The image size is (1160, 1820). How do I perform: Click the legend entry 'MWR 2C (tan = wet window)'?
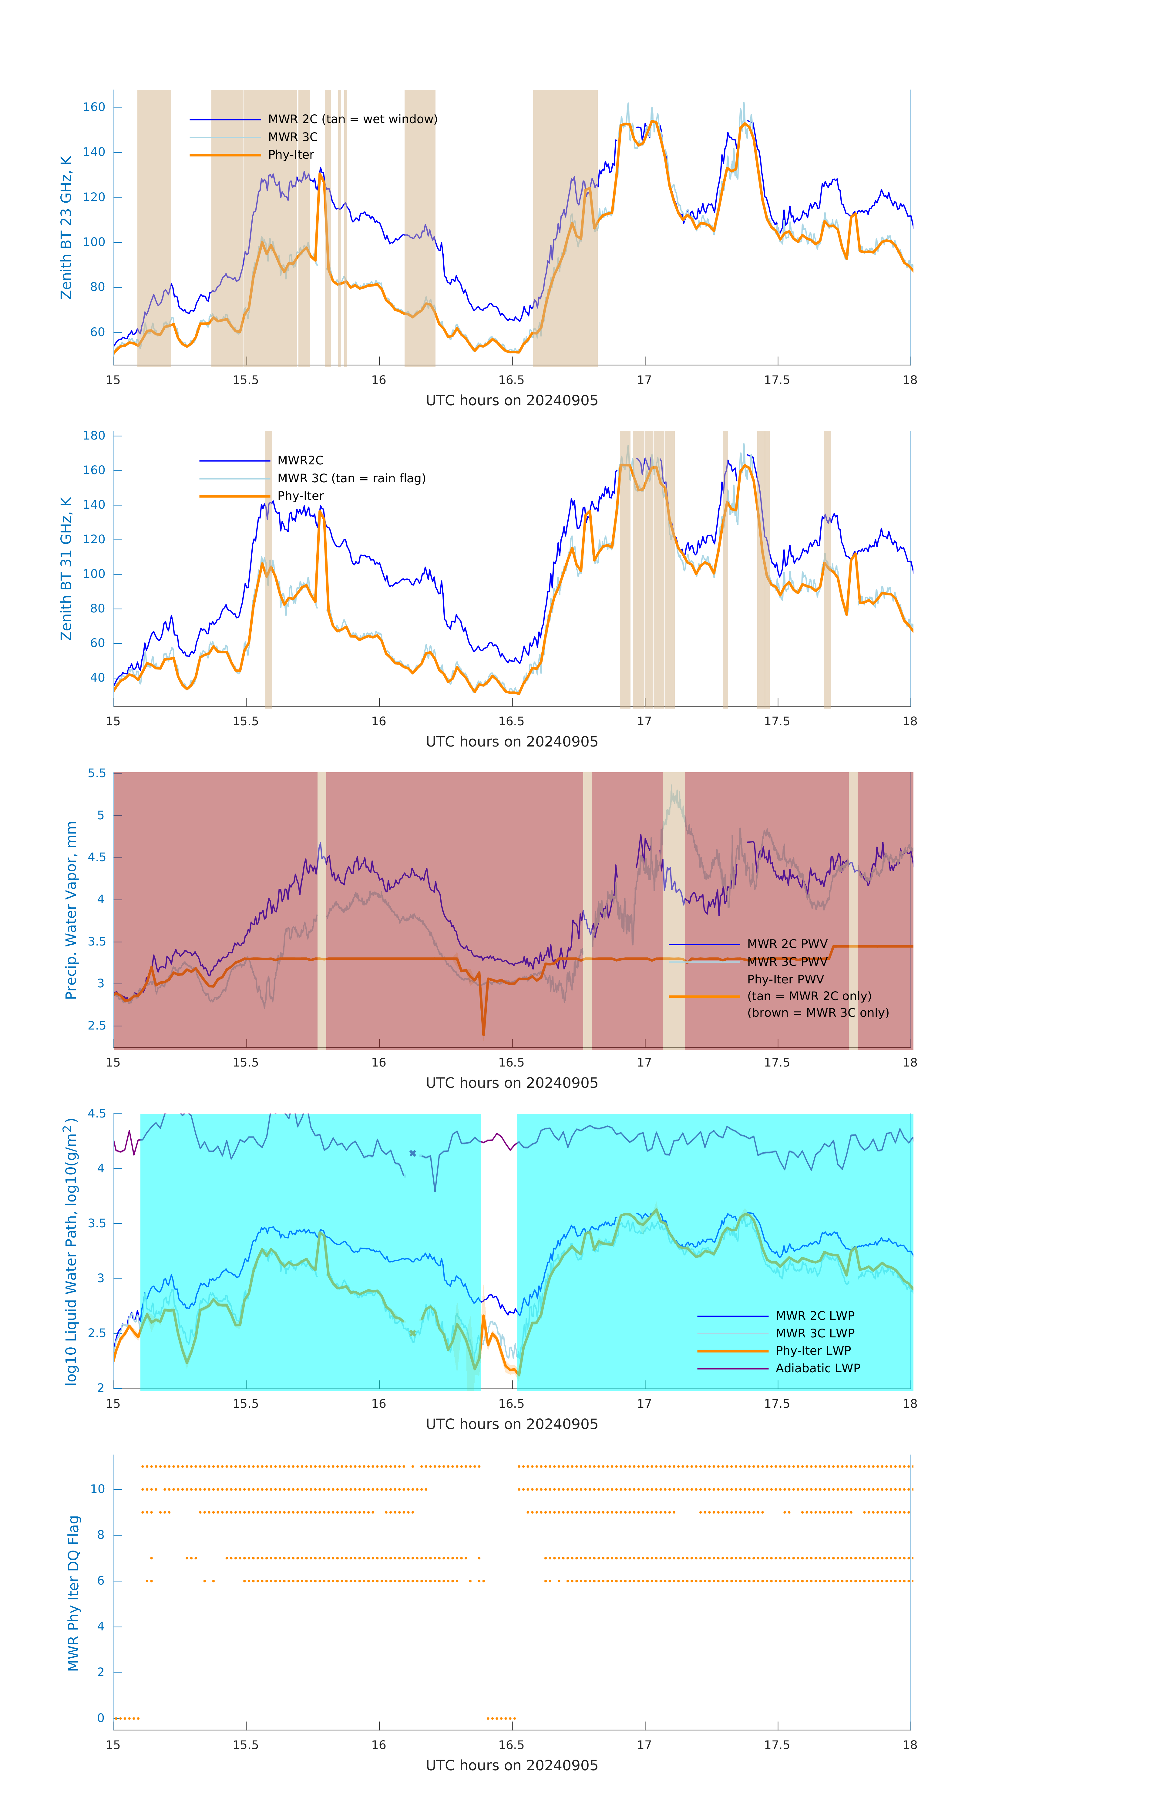click(x=352, y=120)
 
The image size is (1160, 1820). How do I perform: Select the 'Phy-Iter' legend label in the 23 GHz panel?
click(x=291, y=155)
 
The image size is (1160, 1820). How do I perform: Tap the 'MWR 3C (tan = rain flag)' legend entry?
click(x=351, y=478)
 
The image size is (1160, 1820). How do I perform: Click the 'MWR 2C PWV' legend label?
click(x=788, y=944)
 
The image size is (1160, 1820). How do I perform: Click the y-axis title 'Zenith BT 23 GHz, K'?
click(x=66, y=227)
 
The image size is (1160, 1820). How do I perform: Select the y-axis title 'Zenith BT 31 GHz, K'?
click(x=66, y=568)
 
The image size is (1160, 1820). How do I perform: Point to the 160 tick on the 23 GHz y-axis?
click(x=94, y=107)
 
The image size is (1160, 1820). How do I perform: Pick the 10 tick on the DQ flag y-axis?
click(x=97, y=1489)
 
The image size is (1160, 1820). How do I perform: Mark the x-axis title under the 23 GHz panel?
click(x=512, y=401)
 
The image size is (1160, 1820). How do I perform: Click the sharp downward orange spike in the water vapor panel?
click(x=484, y=1033)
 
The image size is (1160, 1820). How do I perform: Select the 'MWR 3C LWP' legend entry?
click(x=815, y=1333)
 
